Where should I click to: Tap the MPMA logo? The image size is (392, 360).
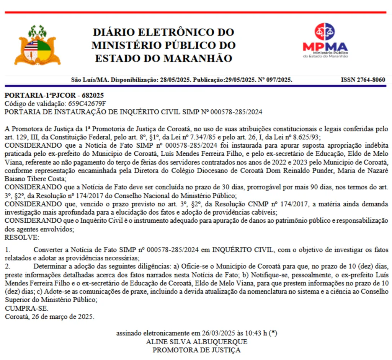(325, 40)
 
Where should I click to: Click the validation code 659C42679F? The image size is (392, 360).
(87, 104)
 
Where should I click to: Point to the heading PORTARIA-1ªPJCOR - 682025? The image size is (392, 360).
(54, 95)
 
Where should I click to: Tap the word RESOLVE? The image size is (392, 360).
(22, 238)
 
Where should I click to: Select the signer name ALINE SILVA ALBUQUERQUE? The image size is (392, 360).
(197, 342)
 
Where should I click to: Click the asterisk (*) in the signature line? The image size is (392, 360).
(273, 333)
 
